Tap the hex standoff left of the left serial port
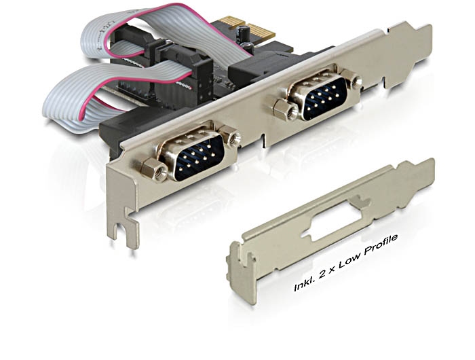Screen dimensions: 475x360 coord(154,170)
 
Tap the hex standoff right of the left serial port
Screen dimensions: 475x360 coord(230,136)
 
